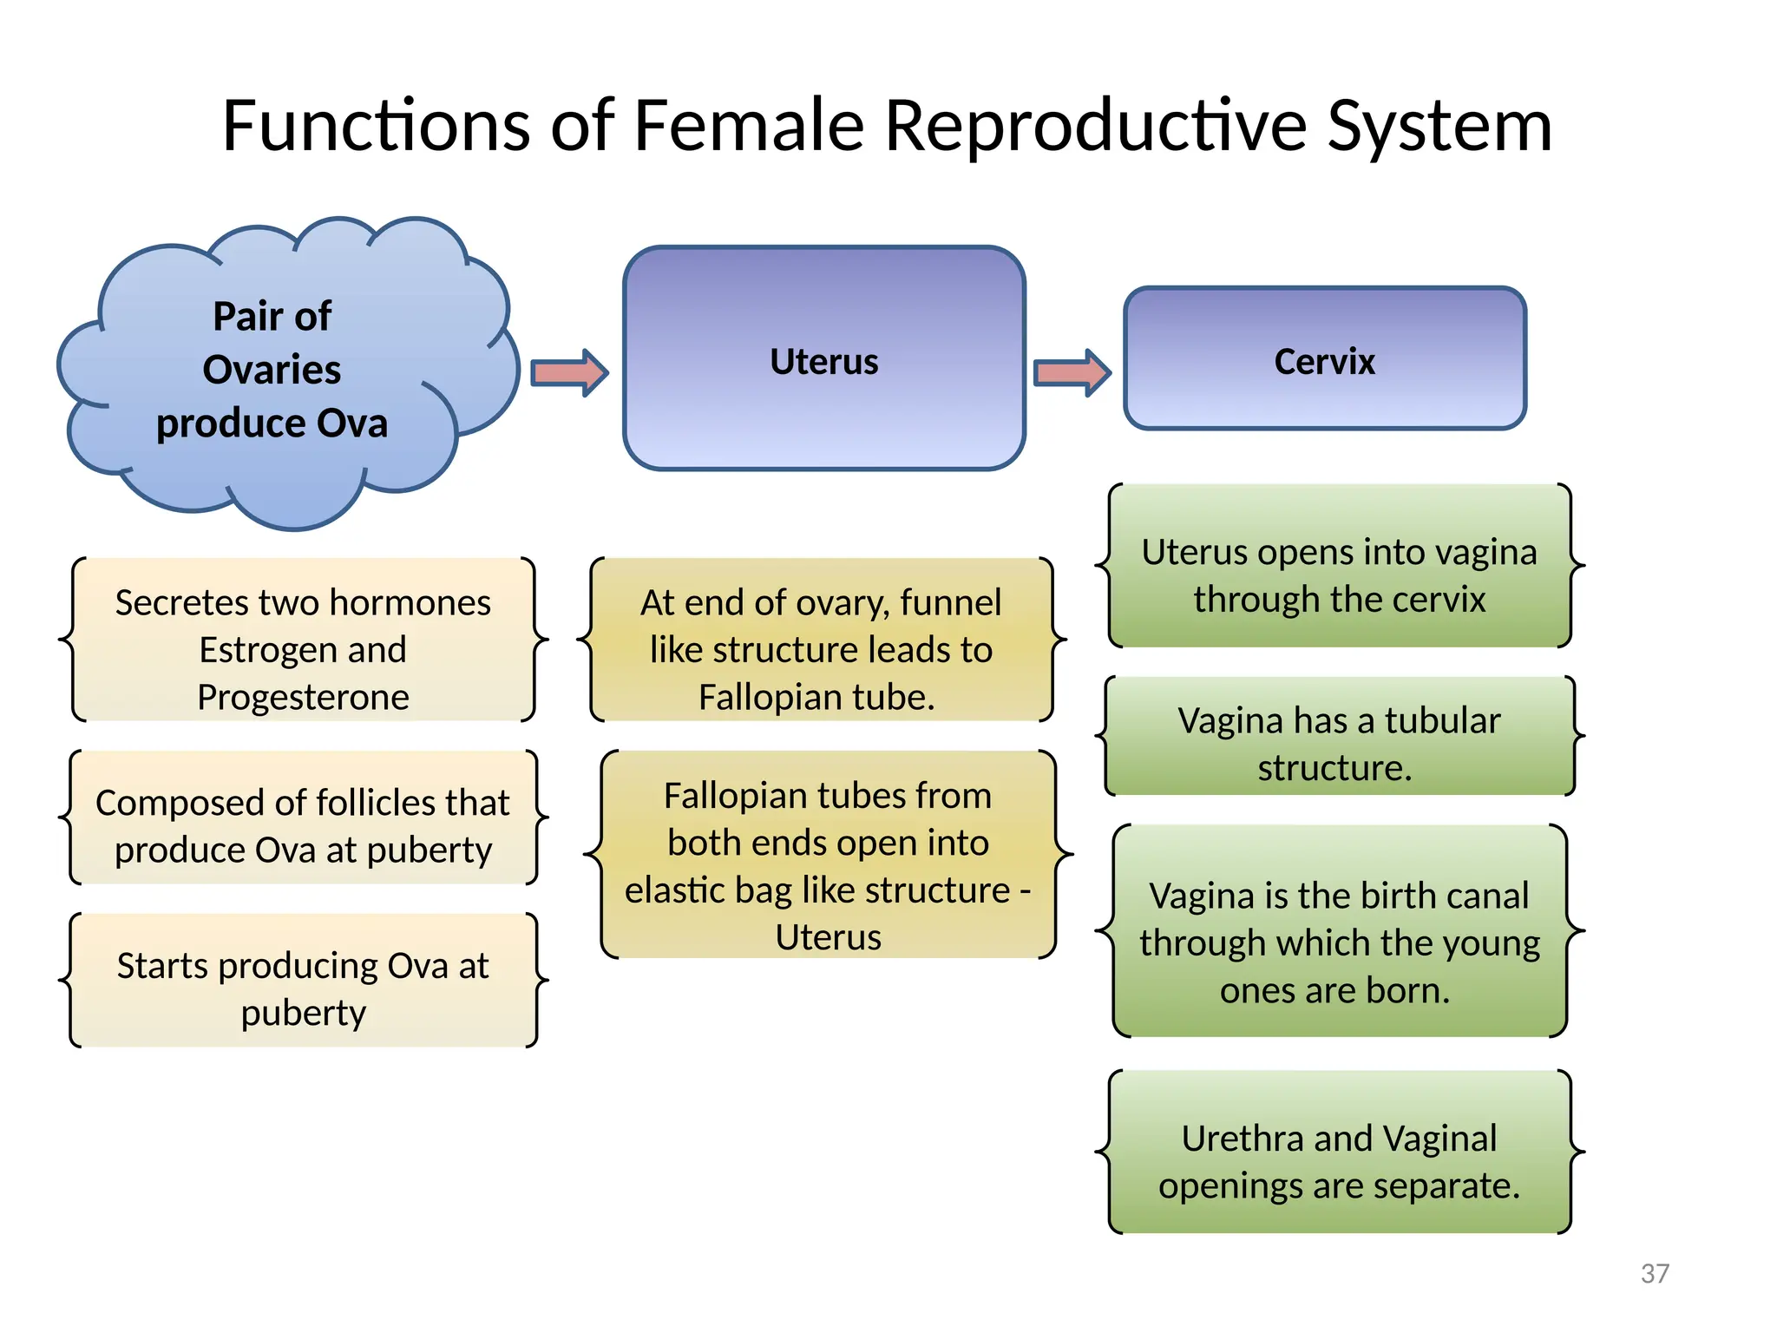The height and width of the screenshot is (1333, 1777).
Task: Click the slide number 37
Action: [1655, 1273]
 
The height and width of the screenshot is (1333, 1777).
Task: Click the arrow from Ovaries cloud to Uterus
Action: [569, 373]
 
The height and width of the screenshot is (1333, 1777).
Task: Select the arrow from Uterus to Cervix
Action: [1072, 373]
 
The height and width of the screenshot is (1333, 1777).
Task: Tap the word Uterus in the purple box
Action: [823, 362]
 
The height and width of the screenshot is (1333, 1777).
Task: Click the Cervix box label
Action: [1324, 362]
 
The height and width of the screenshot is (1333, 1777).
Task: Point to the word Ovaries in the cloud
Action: [272, 370]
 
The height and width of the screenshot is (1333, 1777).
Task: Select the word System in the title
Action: [1439, 126]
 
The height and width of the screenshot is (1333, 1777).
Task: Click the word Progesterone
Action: [303, 697]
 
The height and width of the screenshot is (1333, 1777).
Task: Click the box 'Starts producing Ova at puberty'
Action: [303, 988]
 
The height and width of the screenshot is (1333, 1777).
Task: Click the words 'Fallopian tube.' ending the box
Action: [816, 697]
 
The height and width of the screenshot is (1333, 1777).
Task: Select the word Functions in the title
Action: [375, 126]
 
